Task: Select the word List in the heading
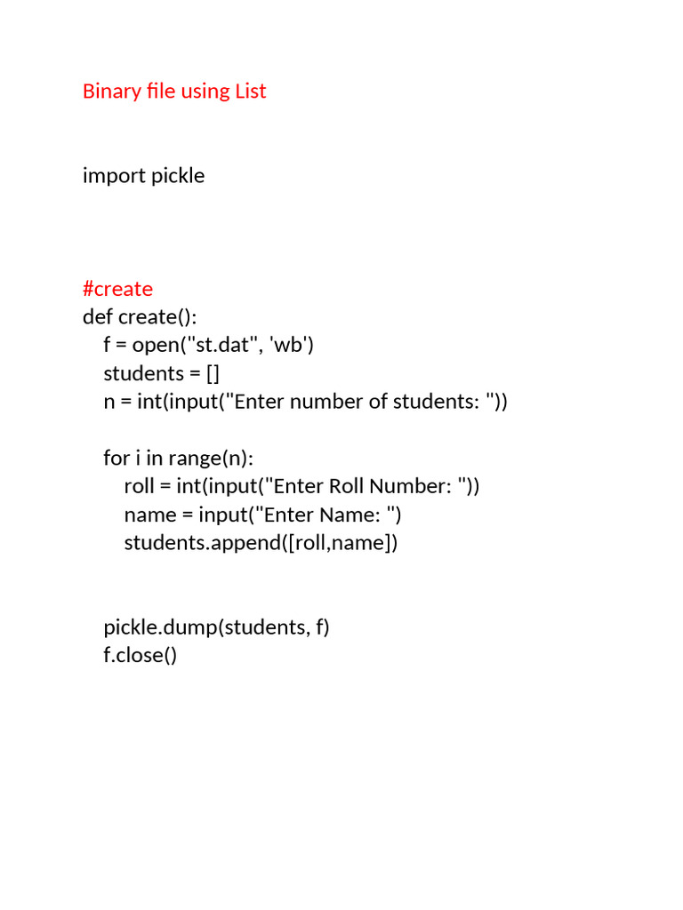pos(250,91)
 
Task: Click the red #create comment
pos(117,288)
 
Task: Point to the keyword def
pos(97,316)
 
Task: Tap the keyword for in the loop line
pos(117,458)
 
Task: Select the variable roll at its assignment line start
pos(140,486)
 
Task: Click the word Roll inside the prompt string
pos(347,486)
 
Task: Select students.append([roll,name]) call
pos(261,543)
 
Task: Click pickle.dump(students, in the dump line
pos(206,627)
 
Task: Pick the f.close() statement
pos(141,656)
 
